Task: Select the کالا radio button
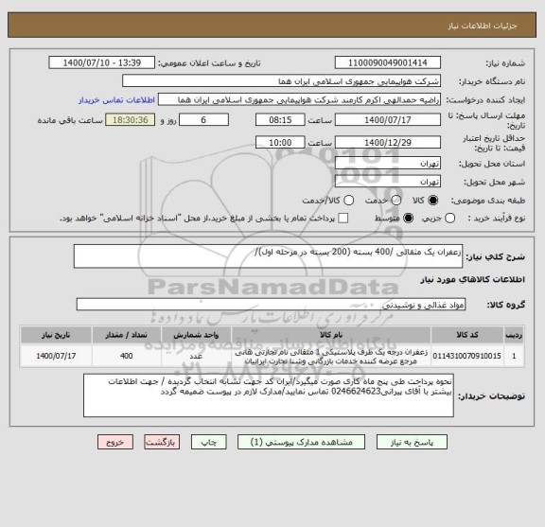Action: pyautogui.click(x=434, y=200)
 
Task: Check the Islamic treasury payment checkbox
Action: pyautogui.click(x=344, y=219)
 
